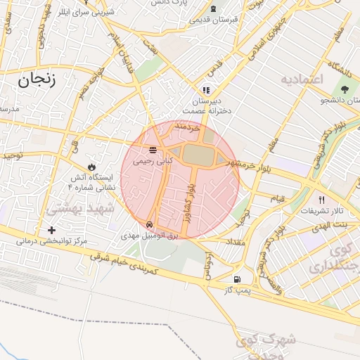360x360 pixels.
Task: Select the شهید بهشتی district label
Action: click(x=75, y=209)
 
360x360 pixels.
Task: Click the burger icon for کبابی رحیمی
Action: click(x=152, y=150)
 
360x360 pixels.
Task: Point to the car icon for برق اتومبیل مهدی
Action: click(x=149, y=225)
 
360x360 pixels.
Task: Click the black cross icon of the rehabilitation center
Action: click(x=51, y=230)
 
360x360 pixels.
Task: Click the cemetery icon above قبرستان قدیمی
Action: click(x=213, y=8)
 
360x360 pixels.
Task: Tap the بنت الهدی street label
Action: click(x=335, y=223)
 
